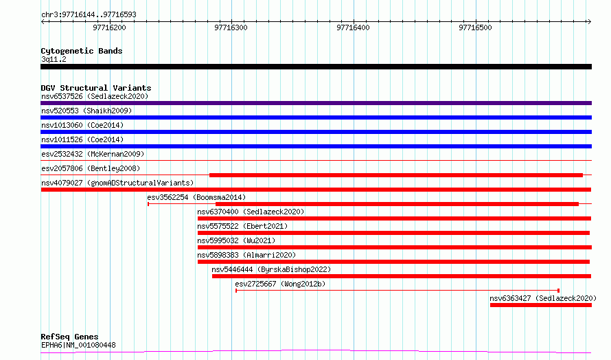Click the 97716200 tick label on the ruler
(109, 27)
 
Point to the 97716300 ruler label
(231, 27)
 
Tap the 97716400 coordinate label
(353, 27)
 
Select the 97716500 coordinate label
(475, 27)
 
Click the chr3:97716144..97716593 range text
(89, 15)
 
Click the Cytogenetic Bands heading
(82, 51)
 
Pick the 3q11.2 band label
(54, 59)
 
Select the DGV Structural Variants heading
(96, 88)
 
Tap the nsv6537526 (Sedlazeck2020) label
(95, 96)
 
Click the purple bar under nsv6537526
(316, 103)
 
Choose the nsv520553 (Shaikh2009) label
(87, 111)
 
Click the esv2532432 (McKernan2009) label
(93, 154)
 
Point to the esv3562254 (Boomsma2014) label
(196, 197)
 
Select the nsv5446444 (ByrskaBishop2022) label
(271, 269)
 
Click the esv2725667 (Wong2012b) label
(280, 284)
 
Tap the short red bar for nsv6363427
(541, 305)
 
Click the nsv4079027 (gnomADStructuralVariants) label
(117, 183)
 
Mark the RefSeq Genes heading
(69, 337)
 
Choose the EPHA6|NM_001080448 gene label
(78, 345)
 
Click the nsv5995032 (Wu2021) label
(236, 240)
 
